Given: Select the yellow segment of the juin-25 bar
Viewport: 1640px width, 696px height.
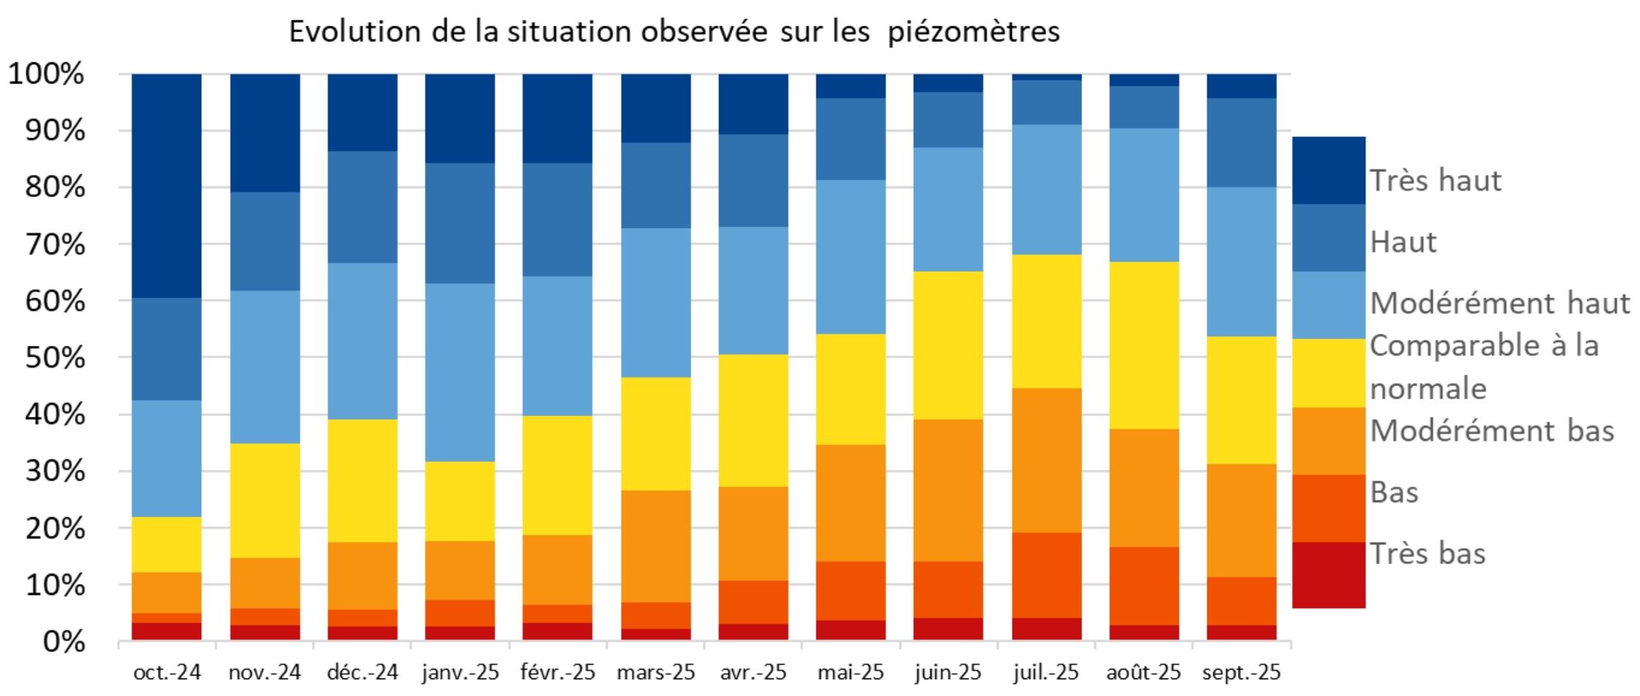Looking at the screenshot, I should (x=948, y=345).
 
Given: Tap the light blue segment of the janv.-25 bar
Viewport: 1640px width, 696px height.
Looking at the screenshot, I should (x=460, y=372).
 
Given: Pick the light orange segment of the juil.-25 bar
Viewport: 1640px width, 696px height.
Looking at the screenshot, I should (x=1046, y=460).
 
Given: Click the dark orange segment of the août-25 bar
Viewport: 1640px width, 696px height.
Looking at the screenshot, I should (x=1144, y=585).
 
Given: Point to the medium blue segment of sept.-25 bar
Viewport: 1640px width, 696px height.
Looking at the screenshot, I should (x=1242, y=142).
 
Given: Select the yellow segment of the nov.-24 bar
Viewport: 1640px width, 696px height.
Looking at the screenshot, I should (x=265, y=500).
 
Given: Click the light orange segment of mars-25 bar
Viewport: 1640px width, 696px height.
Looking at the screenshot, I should (x=655, y=546).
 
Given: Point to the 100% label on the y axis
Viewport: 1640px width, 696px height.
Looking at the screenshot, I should (x=46, y=74).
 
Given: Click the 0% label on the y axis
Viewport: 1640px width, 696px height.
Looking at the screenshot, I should (x=64, y=643).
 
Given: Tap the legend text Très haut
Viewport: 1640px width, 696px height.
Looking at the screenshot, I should (x=1436, y=181).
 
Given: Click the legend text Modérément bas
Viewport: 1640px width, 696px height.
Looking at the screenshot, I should (x=1491, y=431).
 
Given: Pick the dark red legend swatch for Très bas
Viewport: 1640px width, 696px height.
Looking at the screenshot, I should (x=1328, y=575).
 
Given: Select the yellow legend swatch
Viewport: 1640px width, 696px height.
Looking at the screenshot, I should (x=1328, y=373).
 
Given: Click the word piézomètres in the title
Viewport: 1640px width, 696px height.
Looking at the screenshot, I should (x=974, y=32).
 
